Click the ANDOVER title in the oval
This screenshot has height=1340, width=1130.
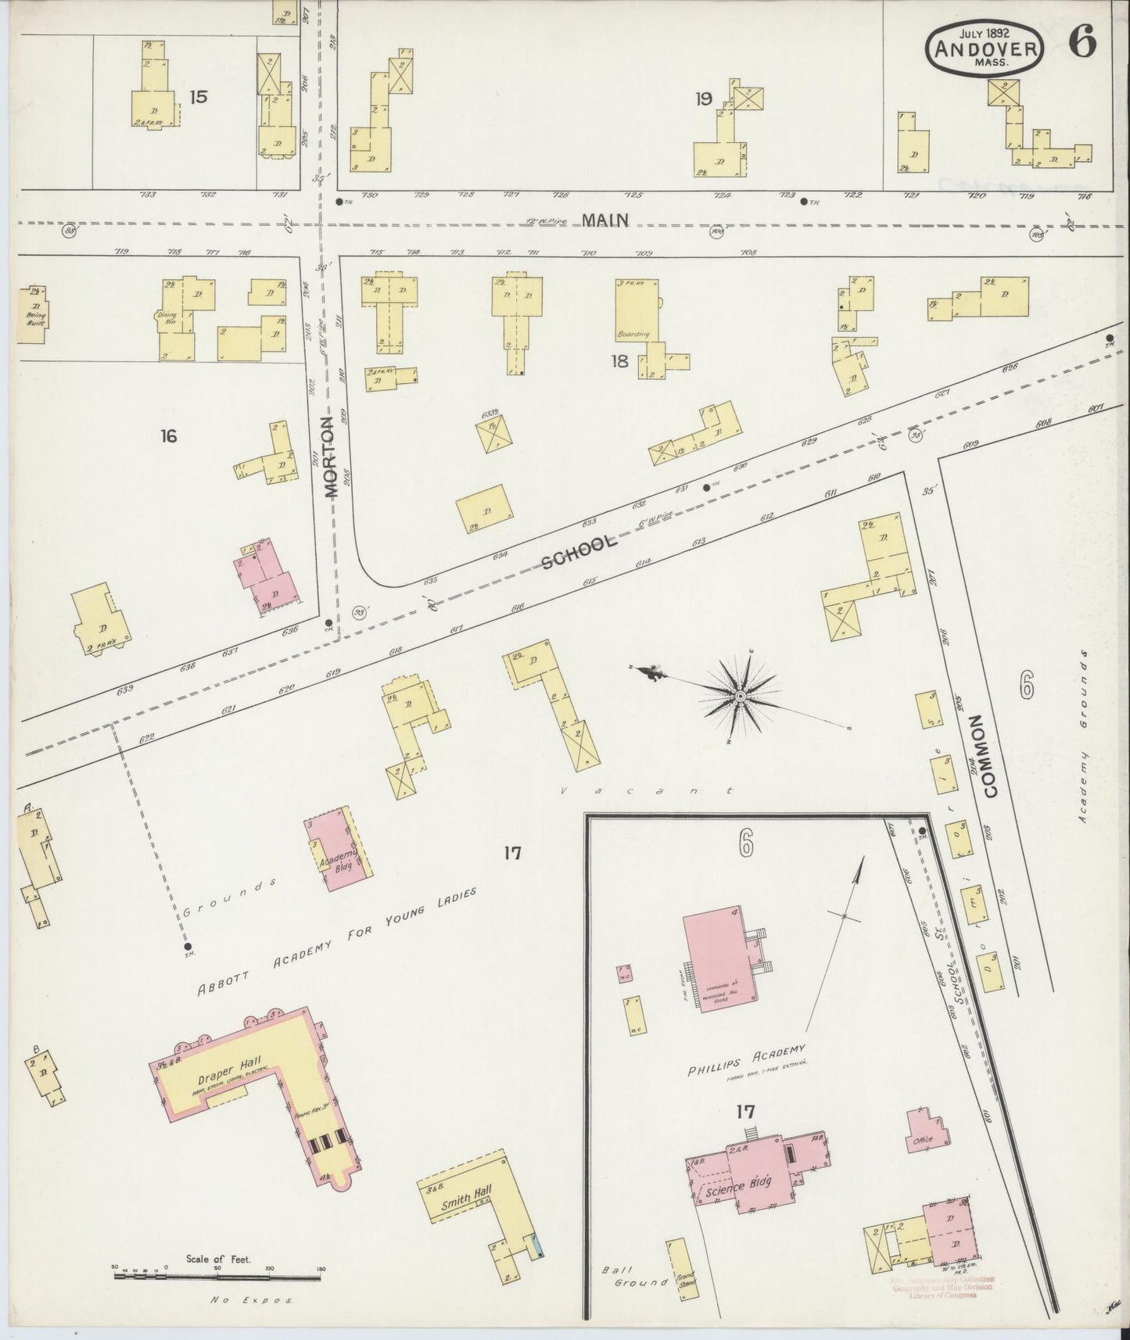pyautogui.click(x=984, y=49)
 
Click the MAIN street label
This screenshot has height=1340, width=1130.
pyautogui.click(x=606, y=221)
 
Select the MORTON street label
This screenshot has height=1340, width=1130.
pyautogui.click(x=329, y=457)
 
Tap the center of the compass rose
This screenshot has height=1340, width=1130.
pyautogui.click(x=739, y=694)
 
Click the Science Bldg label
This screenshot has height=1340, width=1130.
pyautogui.click(x=738, y=1186)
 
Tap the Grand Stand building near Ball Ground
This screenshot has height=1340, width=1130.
pyautogui.click(x=681, y=1270)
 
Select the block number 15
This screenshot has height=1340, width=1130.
pyautogui.click(x=198, y=97)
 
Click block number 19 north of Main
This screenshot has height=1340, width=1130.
pyautogui.click(x=703, y=99)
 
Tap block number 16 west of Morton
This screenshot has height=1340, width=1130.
pyautogui.click(x=168, y=435)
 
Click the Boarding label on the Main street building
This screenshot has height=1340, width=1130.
pyautogui.click(x=633, y=334)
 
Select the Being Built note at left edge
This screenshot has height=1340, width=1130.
pyautogui.click(x=34, y=317)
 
